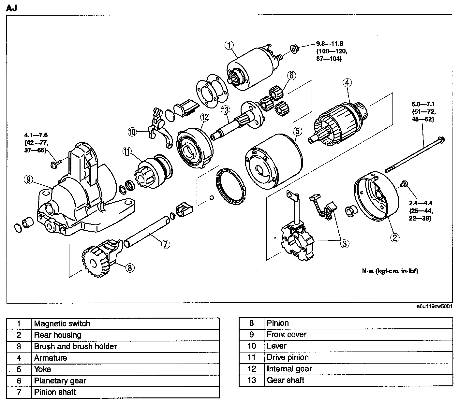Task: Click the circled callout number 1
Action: click(229, 45)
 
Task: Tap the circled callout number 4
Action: click(347, 83)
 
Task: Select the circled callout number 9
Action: click(29, 179)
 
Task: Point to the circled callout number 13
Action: click(225, 110)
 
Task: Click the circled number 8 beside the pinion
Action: click(129, 268)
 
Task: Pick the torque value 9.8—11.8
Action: click(329, 43)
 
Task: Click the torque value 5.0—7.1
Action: click(423, 104)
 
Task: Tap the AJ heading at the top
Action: click(11, 8)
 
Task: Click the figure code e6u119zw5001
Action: click(434, 307)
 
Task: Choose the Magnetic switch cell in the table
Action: click(62, 323)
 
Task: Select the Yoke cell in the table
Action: click(43, 369)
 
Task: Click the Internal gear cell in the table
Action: click(289, 369)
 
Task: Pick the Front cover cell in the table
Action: click(287, 335)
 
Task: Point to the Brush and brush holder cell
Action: click(75, 346)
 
